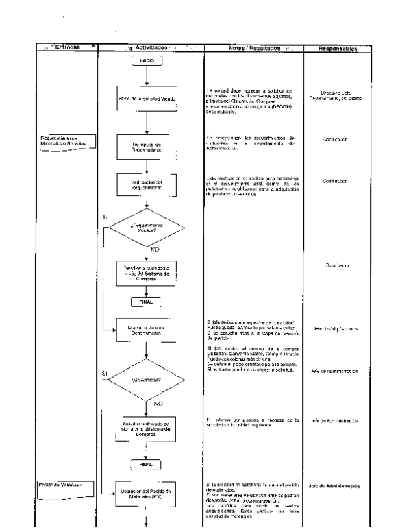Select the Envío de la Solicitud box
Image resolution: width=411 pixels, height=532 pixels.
148,100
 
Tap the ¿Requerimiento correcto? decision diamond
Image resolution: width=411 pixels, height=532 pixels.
148,228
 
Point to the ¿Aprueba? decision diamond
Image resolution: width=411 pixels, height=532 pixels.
148,379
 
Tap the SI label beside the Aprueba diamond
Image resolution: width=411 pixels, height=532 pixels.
105,374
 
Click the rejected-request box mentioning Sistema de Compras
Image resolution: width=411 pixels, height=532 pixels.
148,429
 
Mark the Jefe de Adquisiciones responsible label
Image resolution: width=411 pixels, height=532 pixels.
341,329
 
